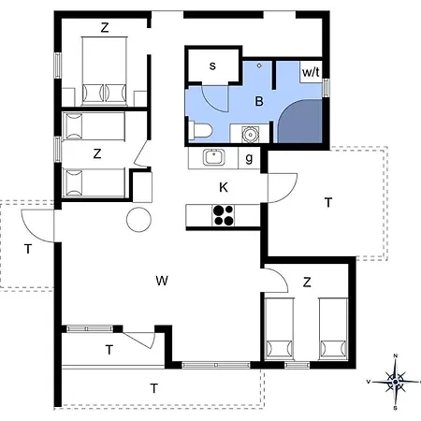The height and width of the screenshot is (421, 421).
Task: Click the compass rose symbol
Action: [396, 380]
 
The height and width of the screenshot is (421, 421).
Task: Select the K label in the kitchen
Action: [224, 187]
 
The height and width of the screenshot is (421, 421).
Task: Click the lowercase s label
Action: [212, 65]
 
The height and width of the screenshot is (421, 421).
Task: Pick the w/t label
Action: [310, 71]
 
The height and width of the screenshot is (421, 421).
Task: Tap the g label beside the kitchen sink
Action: [249, 158]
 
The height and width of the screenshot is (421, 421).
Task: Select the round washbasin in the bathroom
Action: [248, 134]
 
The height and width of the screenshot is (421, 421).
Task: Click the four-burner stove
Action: [225, 215]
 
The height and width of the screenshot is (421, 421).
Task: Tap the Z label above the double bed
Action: [105, 27]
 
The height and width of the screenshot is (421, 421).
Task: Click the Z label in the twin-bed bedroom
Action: [307, 282]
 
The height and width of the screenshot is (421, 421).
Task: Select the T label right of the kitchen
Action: [327, 202]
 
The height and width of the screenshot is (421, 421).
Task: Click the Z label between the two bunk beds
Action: [96, 152]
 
